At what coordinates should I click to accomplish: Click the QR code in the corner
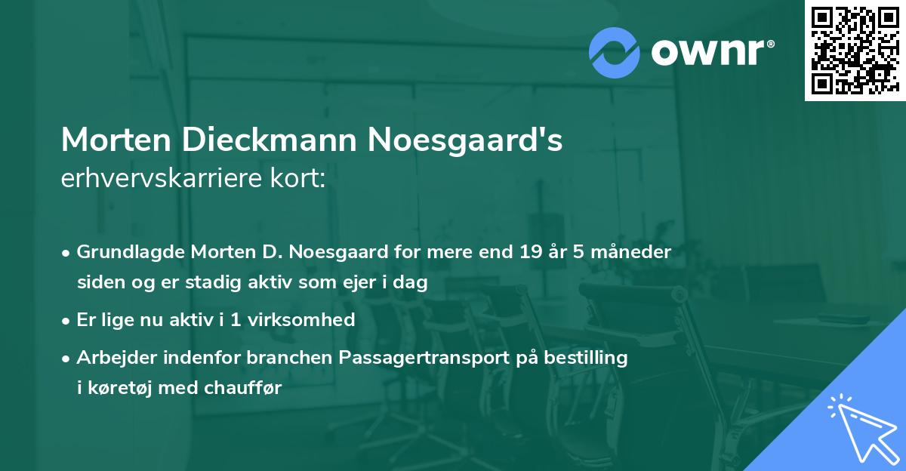[x=855, y=51]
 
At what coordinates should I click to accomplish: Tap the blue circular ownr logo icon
[x=614, y=52]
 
